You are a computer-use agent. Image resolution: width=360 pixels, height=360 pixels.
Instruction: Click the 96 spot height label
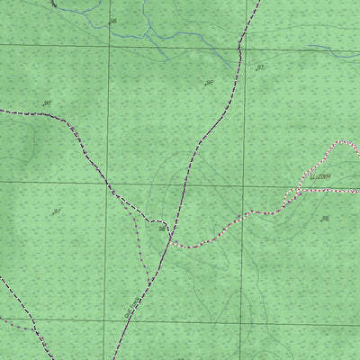(x=112, y=20)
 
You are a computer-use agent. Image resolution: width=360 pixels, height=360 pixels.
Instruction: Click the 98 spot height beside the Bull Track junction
(x=163, y=229)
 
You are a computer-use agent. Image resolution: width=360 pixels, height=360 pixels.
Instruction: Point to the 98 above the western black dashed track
(x=47, y=103)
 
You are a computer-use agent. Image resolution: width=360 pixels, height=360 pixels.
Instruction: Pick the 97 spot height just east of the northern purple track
(x=260, y=67)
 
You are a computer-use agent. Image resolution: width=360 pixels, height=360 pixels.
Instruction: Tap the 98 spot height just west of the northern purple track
(x=209, y=83)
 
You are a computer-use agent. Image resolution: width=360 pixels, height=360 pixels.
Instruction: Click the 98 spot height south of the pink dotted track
(x=325, y=219)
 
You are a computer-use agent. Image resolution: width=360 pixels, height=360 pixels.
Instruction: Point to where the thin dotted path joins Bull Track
(x=148, y=281)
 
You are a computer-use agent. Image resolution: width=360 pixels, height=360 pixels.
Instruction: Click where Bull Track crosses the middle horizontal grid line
(x=184, y=182)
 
